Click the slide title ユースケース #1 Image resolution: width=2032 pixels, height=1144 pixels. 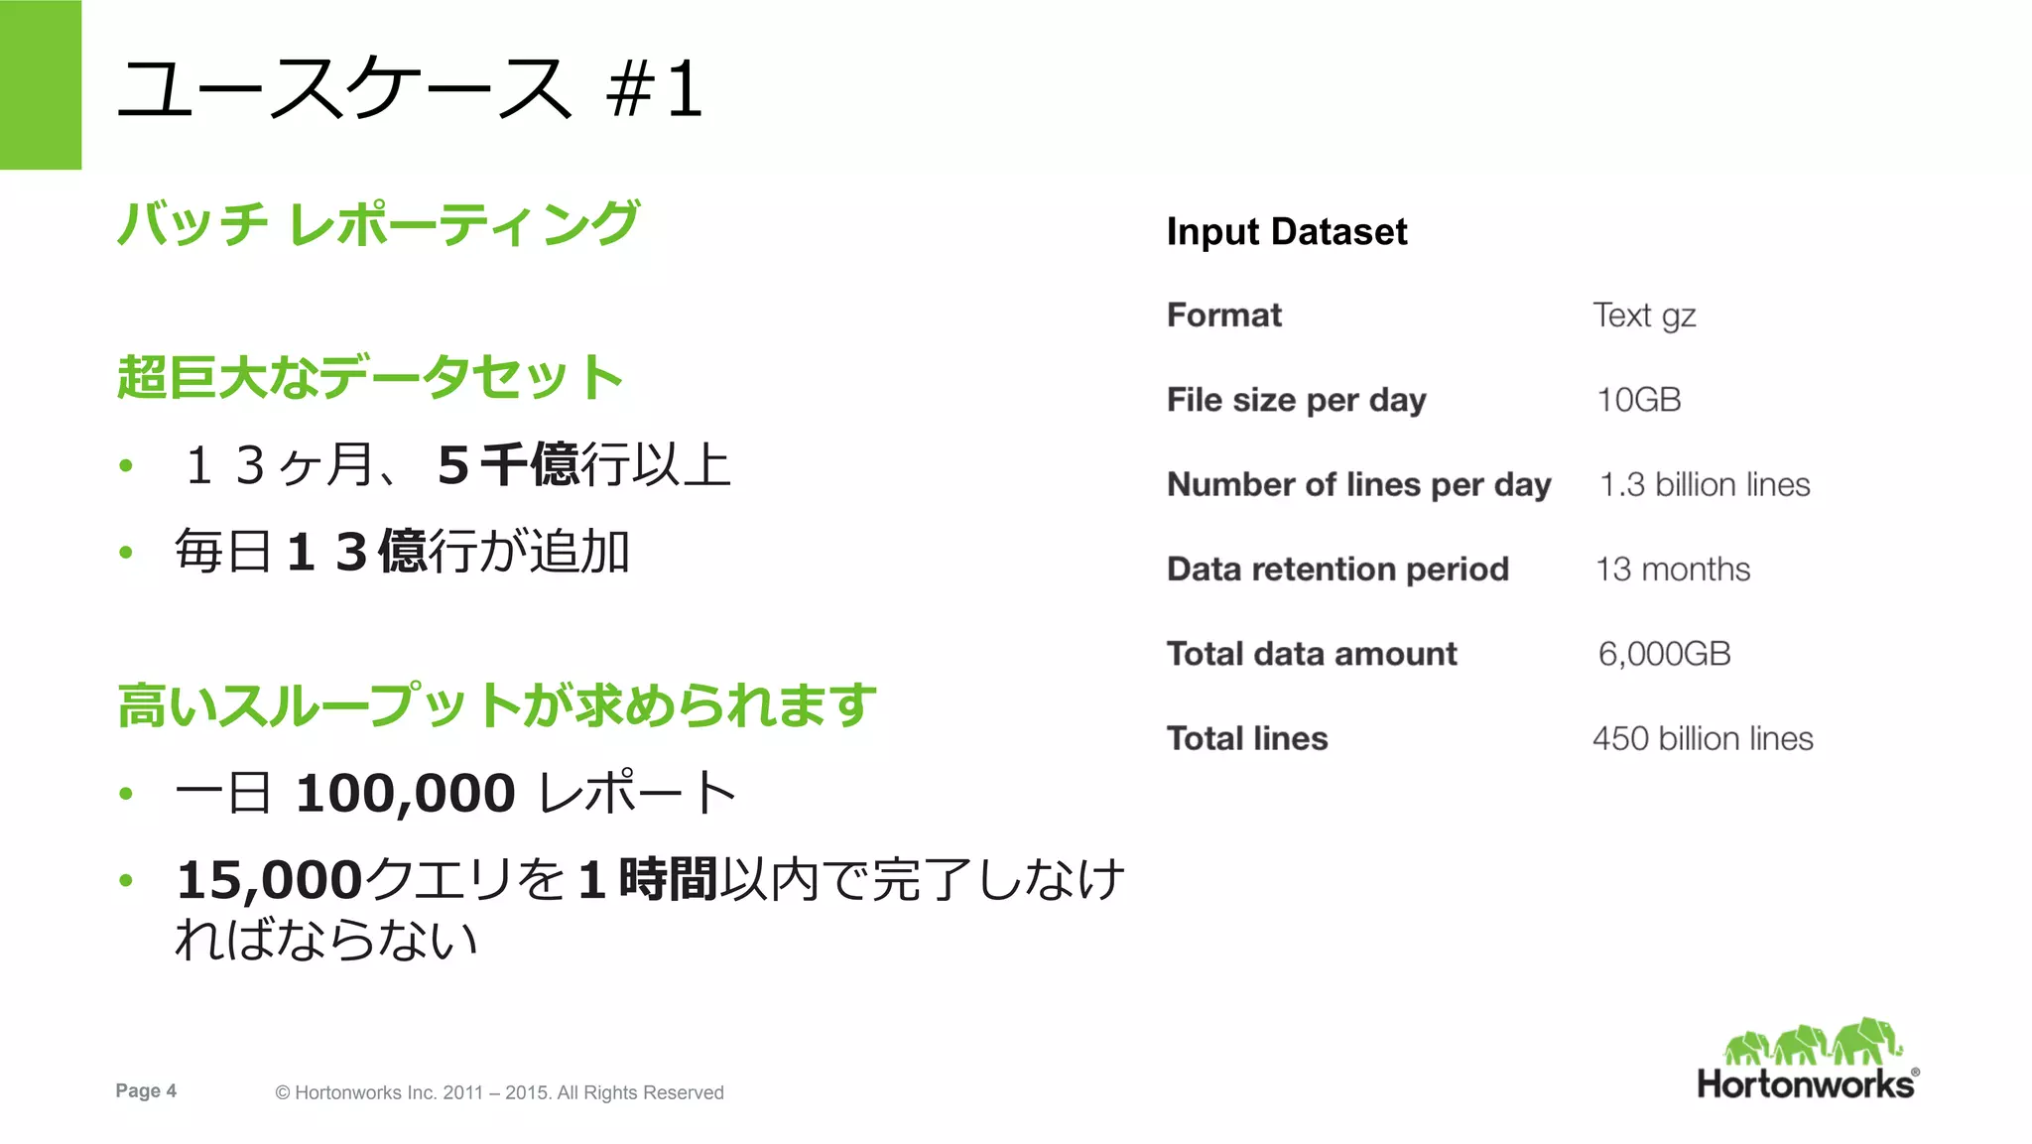point(409,89)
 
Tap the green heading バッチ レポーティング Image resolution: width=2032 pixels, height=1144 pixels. point(378,223)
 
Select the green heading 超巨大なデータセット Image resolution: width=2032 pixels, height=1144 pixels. point(369,377)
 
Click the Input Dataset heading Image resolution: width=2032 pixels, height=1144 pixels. point(1286,232)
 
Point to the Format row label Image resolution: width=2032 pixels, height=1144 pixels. point(1223,316)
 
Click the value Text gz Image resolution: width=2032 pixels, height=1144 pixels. point(1643,316)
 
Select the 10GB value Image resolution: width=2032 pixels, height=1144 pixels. point(1638,400)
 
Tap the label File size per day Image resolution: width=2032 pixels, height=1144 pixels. point(1296,400)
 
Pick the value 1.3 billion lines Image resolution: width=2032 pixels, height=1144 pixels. point(1704,484)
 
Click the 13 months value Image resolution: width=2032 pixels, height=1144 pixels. point(1672,570)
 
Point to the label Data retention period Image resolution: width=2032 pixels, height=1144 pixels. point(1337,570)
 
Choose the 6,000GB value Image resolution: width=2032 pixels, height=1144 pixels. point(1664,654)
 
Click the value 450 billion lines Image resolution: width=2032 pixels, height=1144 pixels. point(1702,738)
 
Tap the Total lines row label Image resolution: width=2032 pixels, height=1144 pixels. point(1246,738)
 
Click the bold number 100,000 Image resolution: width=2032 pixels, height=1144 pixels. point(405,794)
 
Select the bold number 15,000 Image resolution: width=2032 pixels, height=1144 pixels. point(269,880)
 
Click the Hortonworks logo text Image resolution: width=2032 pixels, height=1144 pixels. point(1806,1083)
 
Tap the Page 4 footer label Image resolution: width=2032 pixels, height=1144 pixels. point(146,1090)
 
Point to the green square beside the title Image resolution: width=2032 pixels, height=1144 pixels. point(41,84)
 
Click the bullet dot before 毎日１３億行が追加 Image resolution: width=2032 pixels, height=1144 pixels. point(126,553)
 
